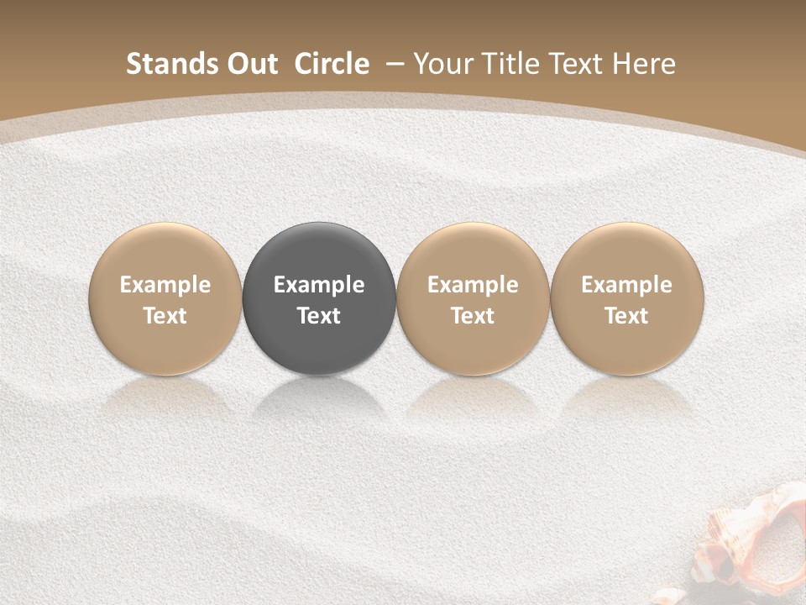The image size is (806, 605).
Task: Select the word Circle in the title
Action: [332, 64]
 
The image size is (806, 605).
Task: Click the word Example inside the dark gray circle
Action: [319, 285]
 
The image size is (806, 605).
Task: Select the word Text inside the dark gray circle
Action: [319, 316]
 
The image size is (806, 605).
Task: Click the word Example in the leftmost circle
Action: [165, 285]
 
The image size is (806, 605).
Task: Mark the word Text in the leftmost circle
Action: [165, 316]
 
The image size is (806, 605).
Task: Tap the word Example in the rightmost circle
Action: [626, 285]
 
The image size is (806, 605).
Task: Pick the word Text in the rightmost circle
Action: [626, 316]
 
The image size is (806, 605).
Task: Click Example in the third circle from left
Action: [473, 285]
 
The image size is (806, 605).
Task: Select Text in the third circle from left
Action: [473, 316]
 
